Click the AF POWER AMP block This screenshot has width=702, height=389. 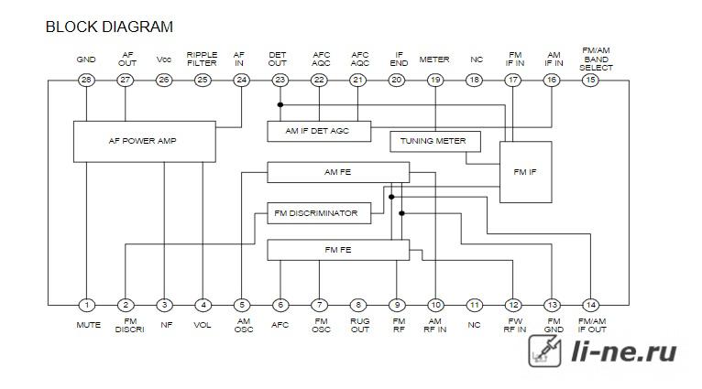(145, 141)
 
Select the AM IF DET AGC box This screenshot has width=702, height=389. (319, 131)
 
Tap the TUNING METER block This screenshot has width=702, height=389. (435, 141)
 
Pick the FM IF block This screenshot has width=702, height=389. (526, 172)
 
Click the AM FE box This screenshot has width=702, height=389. (338, 172)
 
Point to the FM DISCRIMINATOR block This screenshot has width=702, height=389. (319, 213)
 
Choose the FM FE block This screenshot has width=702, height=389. (338, 250)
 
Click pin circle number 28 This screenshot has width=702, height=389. (86, 80)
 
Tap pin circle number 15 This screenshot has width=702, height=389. (590, 80)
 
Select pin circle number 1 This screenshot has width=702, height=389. (86, 306)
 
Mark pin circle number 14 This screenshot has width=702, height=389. (590, 306)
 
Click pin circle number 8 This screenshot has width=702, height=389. (358, 306)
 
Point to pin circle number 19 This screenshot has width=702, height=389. (435, 80)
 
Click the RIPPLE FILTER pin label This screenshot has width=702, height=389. (202, 59)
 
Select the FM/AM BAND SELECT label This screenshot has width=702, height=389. (596, 59)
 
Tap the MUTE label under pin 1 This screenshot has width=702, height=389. (88, 325)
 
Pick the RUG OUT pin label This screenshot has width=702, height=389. (360, 325)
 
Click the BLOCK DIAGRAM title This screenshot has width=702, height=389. (109, 27)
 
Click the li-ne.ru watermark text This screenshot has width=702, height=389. (624, 351)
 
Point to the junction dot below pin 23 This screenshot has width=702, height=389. (280, 105)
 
